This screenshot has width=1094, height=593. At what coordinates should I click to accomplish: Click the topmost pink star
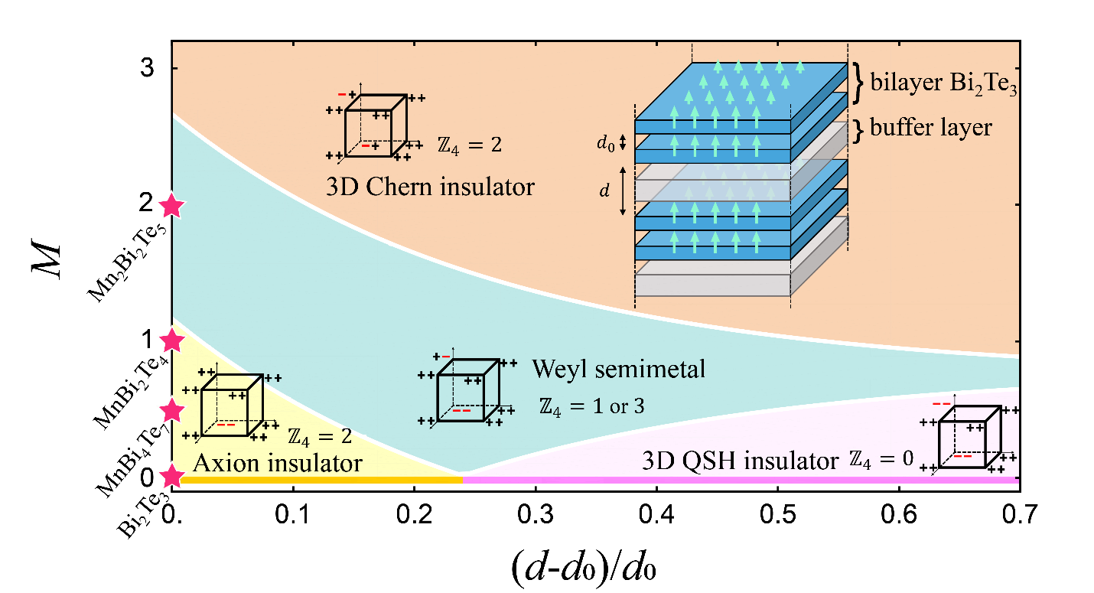pos(171,206)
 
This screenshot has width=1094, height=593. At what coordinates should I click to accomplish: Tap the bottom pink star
pos(172,477)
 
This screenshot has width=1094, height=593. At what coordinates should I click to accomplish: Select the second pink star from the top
pos(171,340)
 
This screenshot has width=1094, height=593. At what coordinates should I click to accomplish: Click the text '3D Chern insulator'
pos(430,187)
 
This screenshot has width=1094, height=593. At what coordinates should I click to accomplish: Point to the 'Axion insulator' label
pos(278,463)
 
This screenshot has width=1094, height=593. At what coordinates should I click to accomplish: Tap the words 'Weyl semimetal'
pos(618,370)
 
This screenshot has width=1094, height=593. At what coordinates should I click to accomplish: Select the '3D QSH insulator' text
pos(741,462)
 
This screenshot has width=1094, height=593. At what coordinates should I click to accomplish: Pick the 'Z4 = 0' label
pos(881,460)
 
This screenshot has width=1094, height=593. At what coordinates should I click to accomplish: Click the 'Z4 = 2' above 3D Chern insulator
pos(470,144)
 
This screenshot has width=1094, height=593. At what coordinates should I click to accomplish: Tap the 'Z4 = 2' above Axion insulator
pos(320,437)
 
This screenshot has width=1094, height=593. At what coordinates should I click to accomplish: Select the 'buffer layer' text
pos(931,126)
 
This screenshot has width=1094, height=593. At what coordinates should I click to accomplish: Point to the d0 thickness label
pos(604,142)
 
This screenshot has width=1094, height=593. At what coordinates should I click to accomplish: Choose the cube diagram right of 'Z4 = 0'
pos(969,436)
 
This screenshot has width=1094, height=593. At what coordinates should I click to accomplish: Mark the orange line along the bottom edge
pos(321,480)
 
